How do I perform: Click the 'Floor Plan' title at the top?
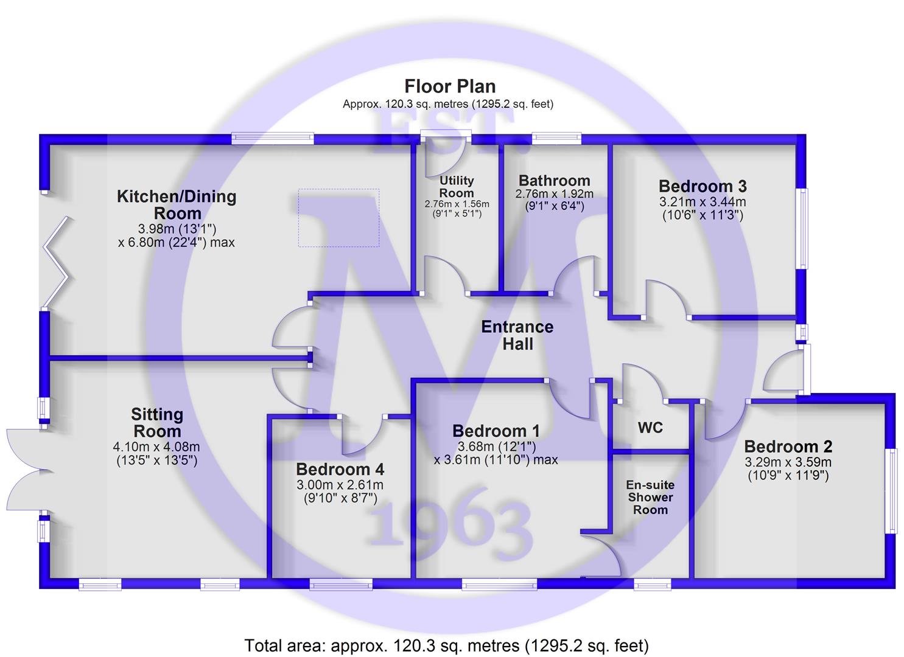[x=450, y=86]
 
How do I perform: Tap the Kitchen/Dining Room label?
[x=177, y=205]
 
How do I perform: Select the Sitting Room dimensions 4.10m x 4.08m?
[x=156, y=447]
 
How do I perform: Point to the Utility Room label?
[x=457, y=186]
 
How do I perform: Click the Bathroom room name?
[x=554, y=181]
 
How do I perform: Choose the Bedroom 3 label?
[x=703, y=186]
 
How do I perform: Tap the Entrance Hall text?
[x=517, y=335]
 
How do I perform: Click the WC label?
[x=650, y=428]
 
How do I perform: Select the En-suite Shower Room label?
[x=650, y=498]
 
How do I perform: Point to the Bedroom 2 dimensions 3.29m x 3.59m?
[x=788, y=462]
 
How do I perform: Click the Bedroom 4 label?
[x=340, y=470]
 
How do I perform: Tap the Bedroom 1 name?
[x=496, y=431]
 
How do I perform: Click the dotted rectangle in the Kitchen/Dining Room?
[x=338, y=217]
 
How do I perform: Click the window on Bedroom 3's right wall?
[x=804, y=228]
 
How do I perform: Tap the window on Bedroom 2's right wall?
[x=891, y=491]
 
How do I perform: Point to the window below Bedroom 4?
[x=340, y=585]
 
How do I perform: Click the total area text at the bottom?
[x=446, y=645]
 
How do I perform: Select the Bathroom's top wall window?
[x=556, y=139]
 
